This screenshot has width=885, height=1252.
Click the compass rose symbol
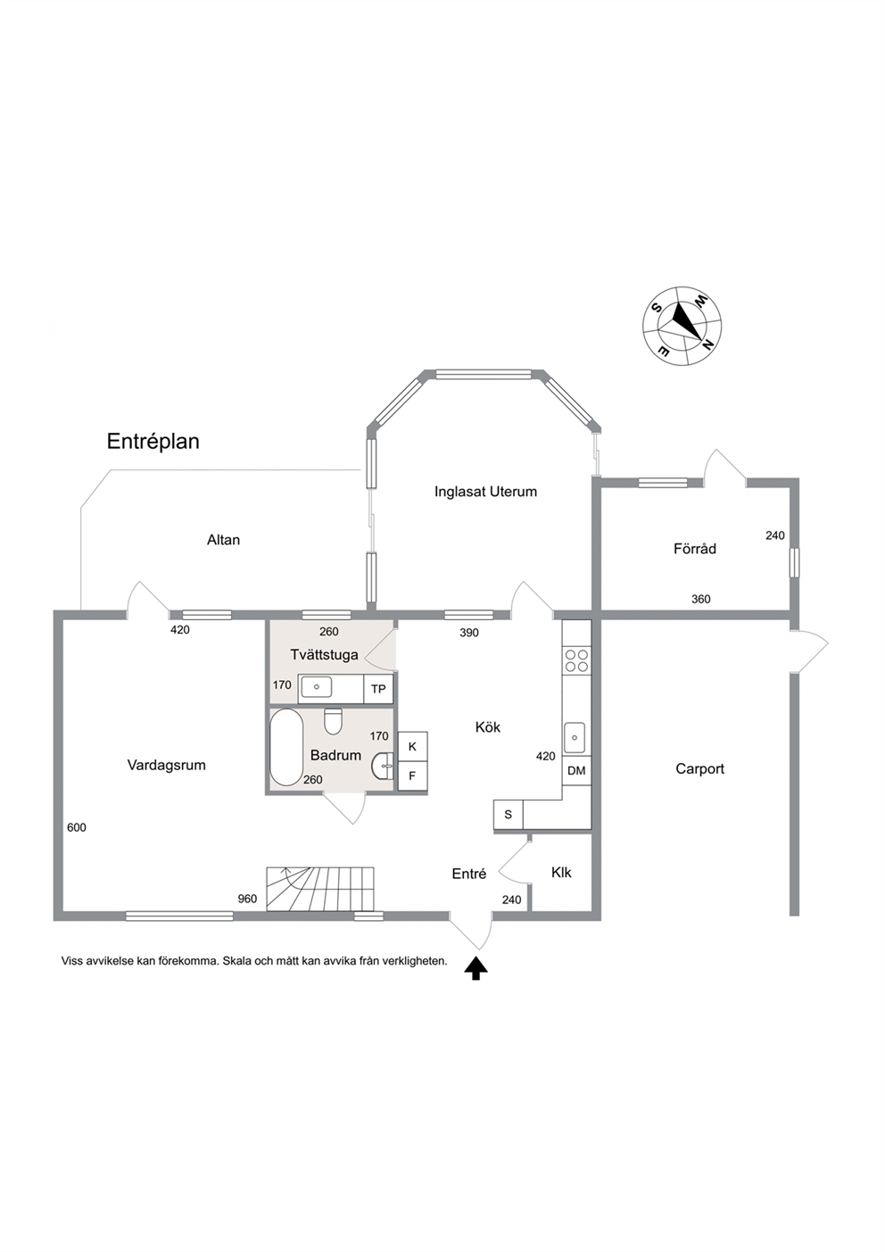click(x=682, y=326)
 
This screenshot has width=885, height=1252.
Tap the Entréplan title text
click(x=153, y=442)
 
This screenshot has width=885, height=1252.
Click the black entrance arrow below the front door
click(x=476, y=968)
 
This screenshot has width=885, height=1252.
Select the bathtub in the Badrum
click(x=286, y=747)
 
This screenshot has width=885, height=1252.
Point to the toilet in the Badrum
click(x=333, y=721)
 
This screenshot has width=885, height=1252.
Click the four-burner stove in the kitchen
click(x=576, y=660)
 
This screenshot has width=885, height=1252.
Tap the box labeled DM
click(x=576, y=771)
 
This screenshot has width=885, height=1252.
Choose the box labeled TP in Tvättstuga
click(x=378, y=689)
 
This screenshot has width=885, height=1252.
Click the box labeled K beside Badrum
click(x=412, y=747)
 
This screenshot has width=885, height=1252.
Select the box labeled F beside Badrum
click(x=412, y=776)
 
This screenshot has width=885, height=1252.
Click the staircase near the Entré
click(x=320, y=890)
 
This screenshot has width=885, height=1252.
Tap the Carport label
click(x=699, y=769)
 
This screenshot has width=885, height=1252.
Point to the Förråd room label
click(x=694, y=548)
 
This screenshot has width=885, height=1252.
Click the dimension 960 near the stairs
click(x=247, y=899)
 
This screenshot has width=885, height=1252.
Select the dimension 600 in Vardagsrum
click(x=77, y=828)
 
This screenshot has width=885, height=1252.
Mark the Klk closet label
click(x=561, y=873)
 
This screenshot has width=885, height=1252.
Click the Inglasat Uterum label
click(x=485, y=492)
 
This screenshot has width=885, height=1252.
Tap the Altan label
click(x=224, y=540)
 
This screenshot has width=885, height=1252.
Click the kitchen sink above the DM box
click(x=575, y=737)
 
